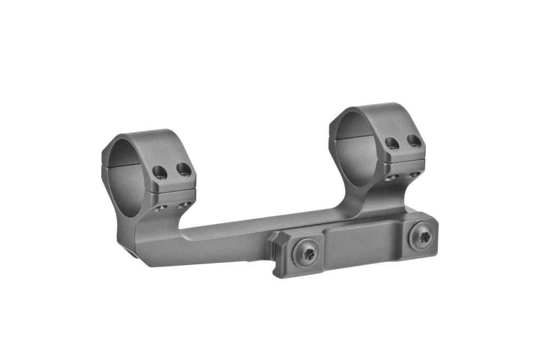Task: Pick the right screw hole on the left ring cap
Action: (x=183, y=169)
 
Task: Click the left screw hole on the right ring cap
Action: (x=392, y=143)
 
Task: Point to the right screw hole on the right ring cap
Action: (x=414, y=141)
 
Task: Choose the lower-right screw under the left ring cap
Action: (x=184, y=205)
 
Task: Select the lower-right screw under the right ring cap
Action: (x=414, y=174)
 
